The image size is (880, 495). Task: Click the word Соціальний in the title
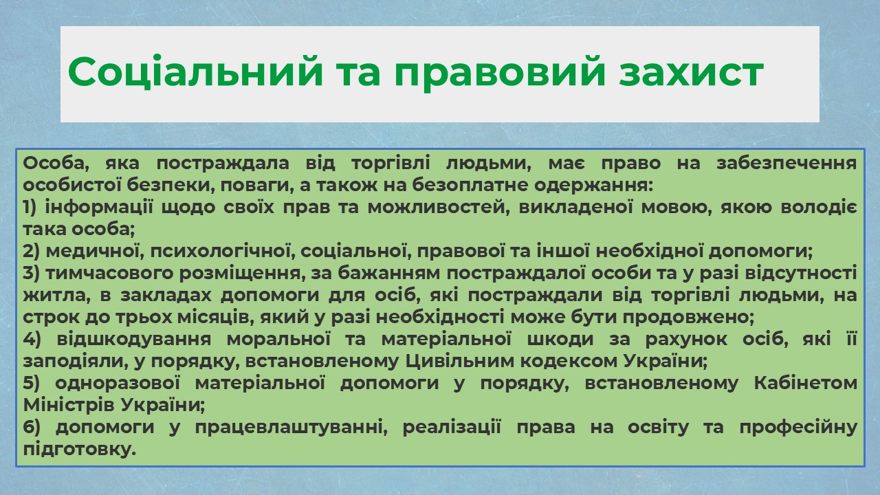(x=195, y=71)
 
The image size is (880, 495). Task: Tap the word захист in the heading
(x=691, y=72)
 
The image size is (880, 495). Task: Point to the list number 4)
(x=32, y=339)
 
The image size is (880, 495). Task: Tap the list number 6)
(x=32, y=427)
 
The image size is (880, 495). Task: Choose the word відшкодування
(x=134, y=339)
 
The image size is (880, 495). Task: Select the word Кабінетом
(x=806, y=383)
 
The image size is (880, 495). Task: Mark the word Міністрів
(x=69, y=405)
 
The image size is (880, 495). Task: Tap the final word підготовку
(x=79, y=450)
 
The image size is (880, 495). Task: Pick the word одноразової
(x=118, y=384)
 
